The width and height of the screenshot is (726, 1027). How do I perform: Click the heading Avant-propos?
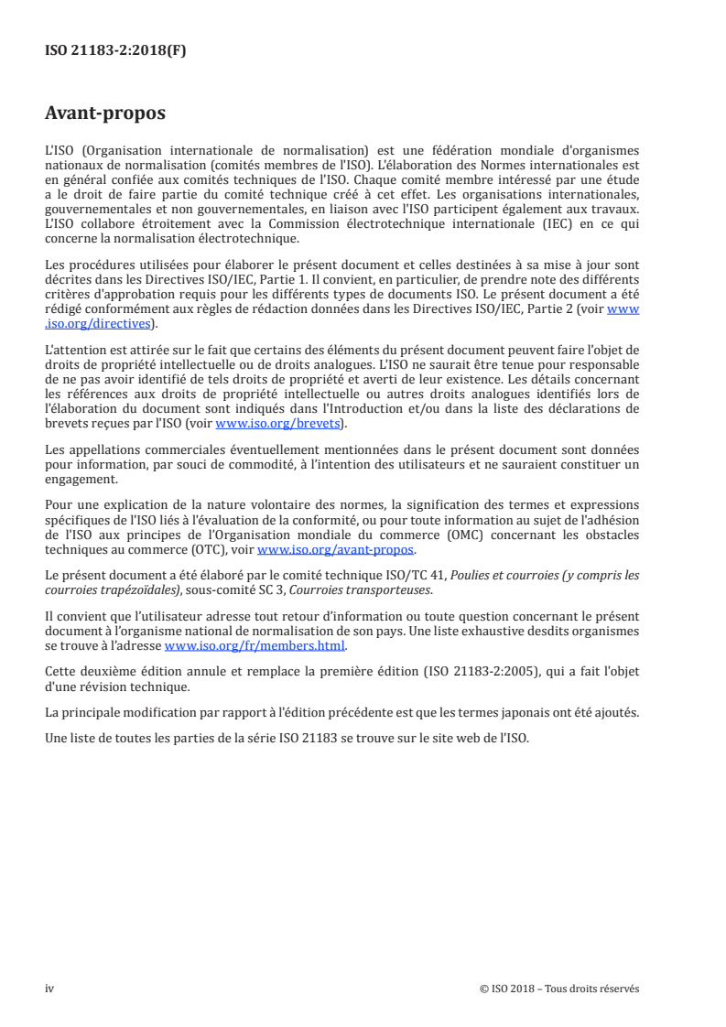point(105,114)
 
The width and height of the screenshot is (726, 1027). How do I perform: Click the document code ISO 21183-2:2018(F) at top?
point(115,51)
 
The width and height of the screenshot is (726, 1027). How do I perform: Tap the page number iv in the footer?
point(49,989)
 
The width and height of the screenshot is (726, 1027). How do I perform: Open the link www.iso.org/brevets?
point(275,424)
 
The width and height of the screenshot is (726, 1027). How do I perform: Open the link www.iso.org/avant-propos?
point(336,550)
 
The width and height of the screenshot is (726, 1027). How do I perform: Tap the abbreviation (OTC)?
point(212,550)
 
